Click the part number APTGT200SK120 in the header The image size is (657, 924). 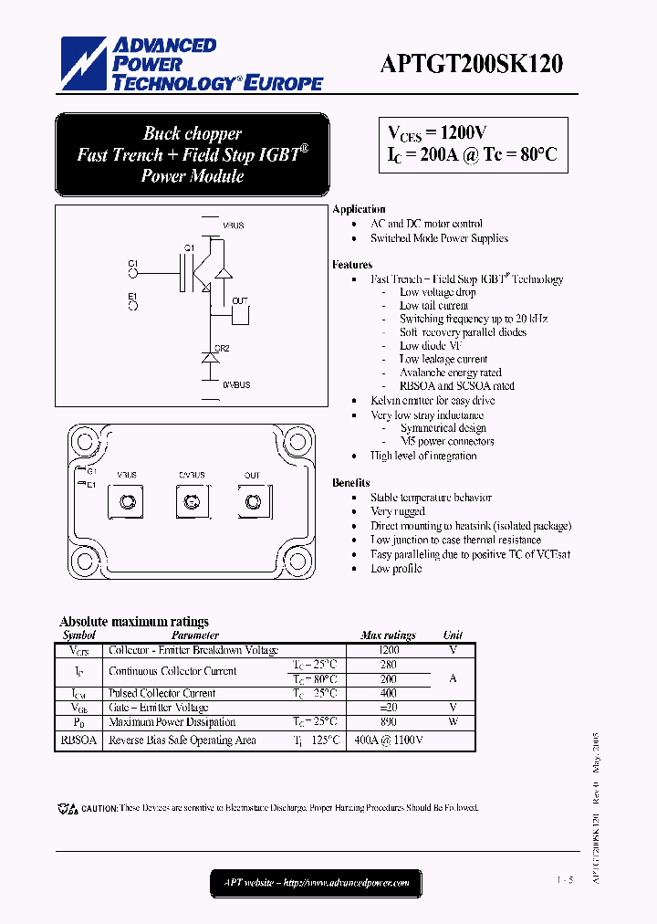tap(471, 65)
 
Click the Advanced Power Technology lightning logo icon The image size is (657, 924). tap(82, 65)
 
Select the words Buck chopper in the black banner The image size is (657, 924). tap(192, 133)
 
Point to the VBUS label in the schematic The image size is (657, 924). tap(234, 225)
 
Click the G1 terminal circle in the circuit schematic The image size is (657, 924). tap(133, 271)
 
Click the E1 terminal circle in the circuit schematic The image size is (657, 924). tap(133, 306)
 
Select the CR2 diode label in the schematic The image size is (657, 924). tap(222, 348)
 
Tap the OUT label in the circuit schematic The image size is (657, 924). tap(240, 300)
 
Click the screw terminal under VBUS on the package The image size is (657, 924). tap(128, 501)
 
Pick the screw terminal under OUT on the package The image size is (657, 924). tap(252, 501)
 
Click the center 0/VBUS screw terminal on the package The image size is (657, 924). tap(191, 501)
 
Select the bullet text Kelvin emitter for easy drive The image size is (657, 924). tap(433, 401)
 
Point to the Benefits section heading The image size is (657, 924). tap(351, 482)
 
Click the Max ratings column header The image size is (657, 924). tap(388, 635)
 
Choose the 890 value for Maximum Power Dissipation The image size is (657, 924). tap(388, 721)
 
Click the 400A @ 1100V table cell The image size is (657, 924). tap(388, 740)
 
